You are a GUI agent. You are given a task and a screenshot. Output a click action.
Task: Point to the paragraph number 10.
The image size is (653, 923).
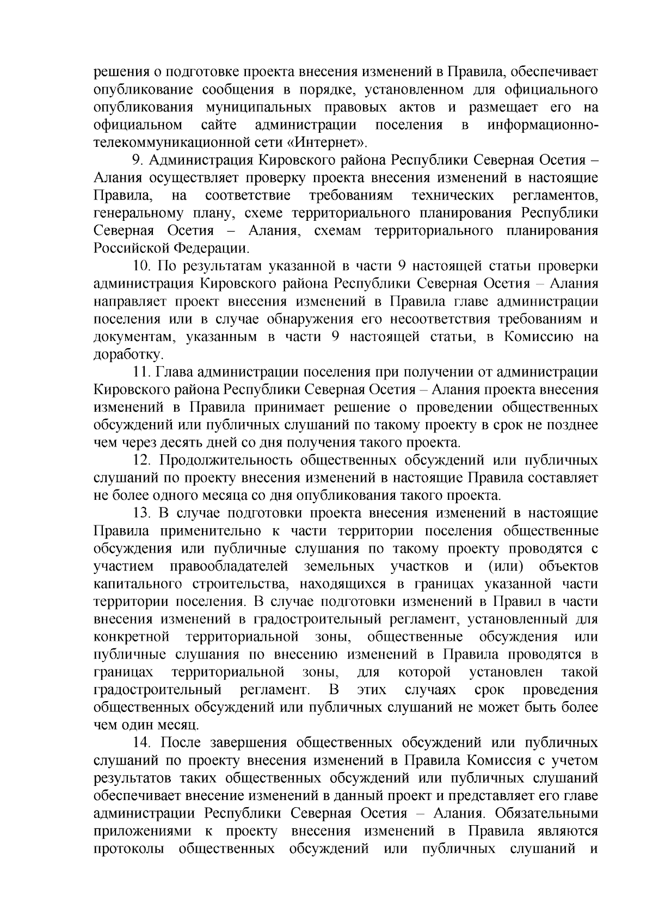(x=143, y=267)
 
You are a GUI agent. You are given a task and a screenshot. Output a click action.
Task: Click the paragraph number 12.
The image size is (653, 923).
(x=143, y=460)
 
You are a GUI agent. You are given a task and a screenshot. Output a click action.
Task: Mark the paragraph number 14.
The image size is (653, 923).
(x=143, y=742)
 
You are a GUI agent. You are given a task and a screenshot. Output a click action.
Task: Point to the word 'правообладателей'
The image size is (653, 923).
(x=229, y=566)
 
